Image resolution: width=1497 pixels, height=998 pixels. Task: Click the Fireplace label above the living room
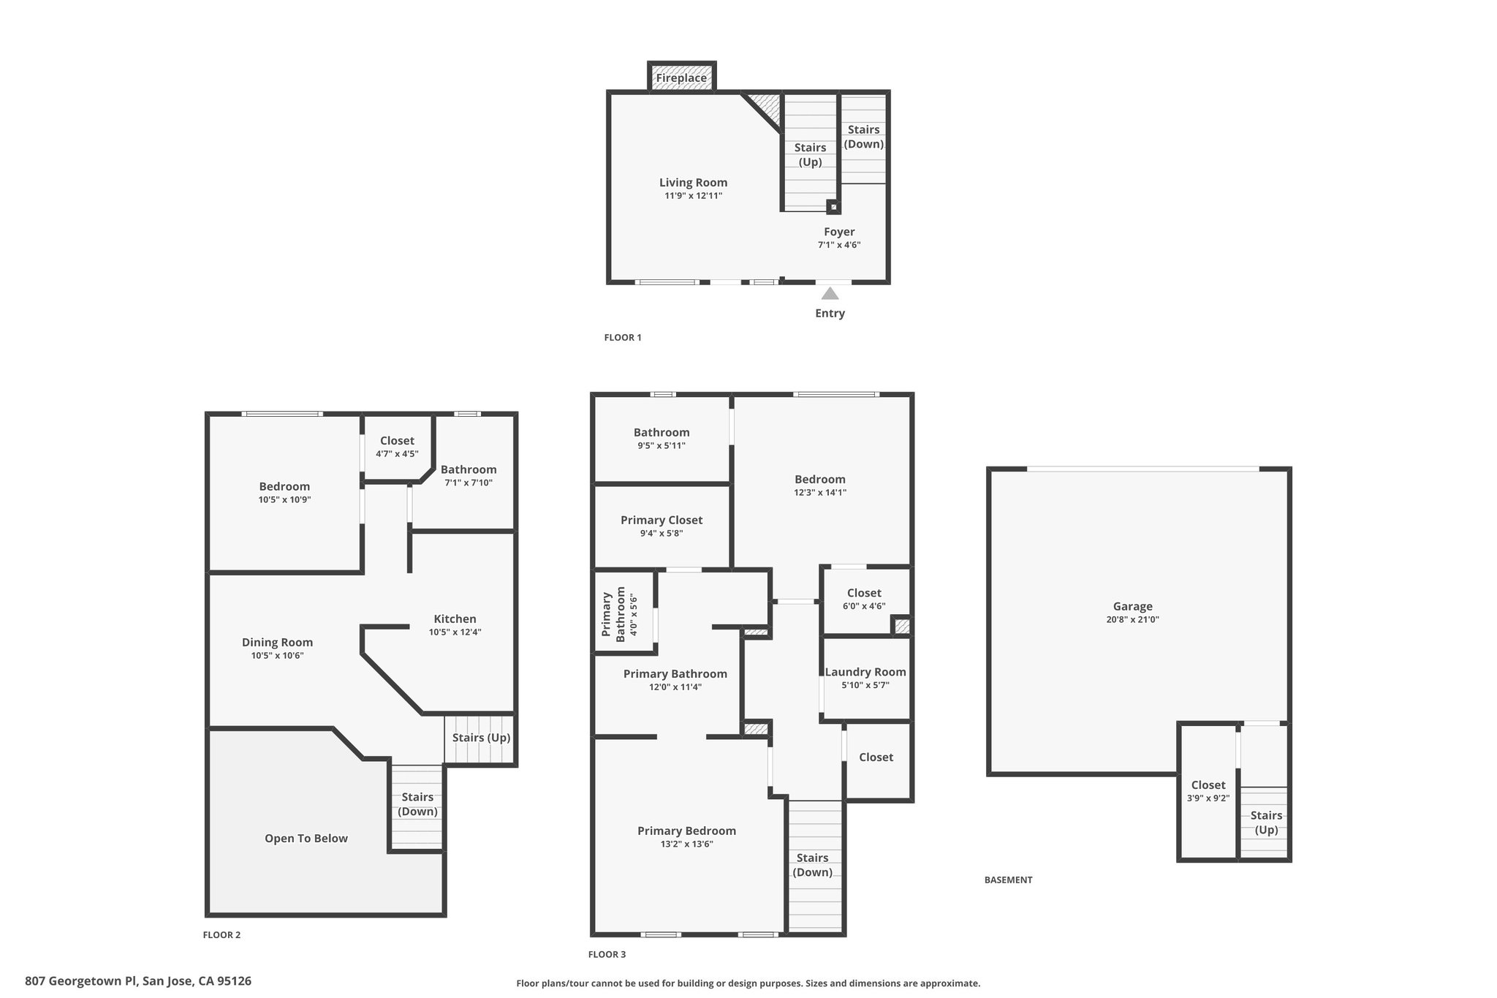(x=681, y=78)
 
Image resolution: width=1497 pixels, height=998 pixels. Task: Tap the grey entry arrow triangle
(x=830, y=294)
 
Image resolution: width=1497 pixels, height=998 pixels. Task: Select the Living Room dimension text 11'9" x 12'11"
(x=694, y=196)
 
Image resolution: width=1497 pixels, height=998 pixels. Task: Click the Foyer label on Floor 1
(x=839, y=232)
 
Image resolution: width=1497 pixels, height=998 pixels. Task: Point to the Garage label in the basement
(x=1133, y=606)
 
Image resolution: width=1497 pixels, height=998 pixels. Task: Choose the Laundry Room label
(x=865, y=672)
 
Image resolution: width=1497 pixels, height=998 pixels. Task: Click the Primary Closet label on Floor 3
(x=662, y=520)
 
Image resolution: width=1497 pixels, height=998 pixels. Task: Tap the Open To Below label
(x=306, y=839)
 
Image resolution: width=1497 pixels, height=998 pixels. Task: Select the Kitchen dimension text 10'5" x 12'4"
(x=455, y=632)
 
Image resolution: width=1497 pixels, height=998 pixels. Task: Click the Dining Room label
(x=277, y=643)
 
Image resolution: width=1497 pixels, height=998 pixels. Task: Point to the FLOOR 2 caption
(x=221, y=935)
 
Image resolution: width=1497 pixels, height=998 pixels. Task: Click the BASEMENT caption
(x=1008, y=880)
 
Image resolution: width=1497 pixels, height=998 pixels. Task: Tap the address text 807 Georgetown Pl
(x=82, y=981)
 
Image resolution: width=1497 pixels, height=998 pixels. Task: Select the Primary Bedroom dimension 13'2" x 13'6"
(x=686, y=844)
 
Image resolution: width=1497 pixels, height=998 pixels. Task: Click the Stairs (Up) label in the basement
(x=1266, y=823)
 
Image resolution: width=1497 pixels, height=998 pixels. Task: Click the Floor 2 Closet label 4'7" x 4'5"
(x=397, y=447)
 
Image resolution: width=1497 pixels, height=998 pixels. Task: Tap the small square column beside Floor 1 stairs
(x=833, y=207)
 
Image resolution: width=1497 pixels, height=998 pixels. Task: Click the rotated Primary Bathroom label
(x=614, y=614)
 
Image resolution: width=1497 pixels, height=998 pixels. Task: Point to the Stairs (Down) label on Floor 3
(x=812, y=865)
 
